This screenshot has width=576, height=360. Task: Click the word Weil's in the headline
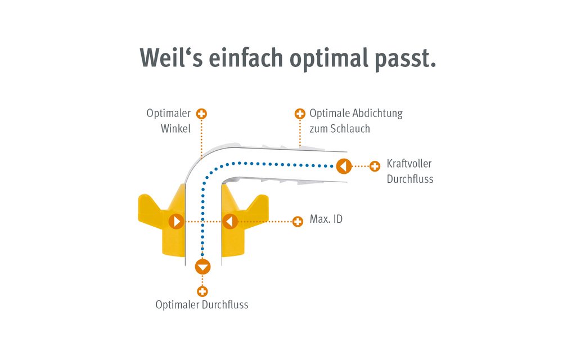171,57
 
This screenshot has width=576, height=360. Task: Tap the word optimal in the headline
328,59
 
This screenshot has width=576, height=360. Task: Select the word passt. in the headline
405,59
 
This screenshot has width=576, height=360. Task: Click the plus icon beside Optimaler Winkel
201,114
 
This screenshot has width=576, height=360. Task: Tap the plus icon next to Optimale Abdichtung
300,114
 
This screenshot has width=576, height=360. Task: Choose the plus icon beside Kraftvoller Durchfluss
375,166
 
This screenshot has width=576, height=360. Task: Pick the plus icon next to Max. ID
298,222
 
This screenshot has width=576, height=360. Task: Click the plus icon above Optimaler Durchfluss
202,292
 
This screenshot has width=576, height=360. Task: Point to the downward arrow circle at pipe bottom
202,267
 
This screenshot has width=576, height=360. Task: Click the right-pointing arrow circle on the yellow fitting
176,222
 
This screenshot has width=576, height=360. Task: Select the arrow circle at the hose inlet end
344,166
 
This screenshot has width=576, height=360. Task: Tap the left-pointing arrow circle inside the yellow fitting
230,222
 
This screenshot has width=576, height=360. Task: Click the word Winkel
175,129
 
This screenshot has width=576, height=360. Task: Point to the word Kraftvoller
409,164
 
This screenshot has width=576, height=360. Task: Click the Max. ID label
326,219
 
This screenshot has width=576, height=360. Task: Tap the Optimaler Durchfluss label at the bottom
202,305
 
